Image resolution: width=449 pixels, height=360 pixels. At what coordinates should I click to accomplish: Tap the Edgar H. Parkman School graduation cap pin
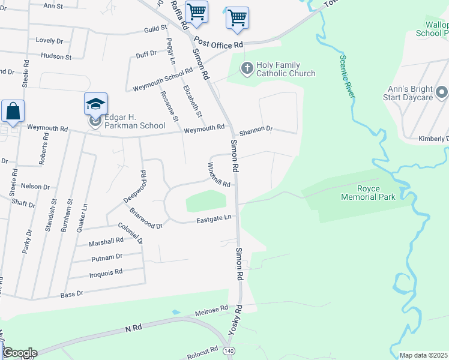[96, 103]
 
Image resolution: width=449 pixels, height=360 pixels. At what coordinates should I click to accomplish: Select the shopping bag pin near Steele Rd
[13, 110]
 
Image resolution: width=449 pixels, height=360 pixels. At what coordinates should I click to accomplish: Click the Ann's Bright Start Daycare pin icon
[441, 92]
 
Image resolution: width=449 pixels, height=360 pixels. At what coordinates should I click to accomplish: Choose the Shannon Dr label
[256, 129]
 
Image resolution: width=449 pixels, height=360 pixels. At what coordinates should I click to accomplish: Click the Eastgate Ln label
[215, 221]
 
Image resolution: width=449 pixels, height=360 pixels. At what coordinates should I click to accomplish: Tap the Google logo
[19, 353]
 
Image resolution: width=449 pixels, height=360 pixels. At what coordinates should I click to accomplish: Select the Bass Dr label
[72, 295]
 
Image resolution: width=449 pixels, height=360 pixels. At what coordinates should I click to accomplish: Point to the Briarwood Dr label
[146, 218]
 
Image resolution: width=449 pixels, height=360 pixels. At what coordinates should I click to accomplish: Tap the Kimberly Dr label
[433, 139]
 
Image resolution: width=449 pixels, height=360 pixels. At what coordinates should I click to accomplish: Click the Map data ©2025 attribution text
[424, 355]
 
